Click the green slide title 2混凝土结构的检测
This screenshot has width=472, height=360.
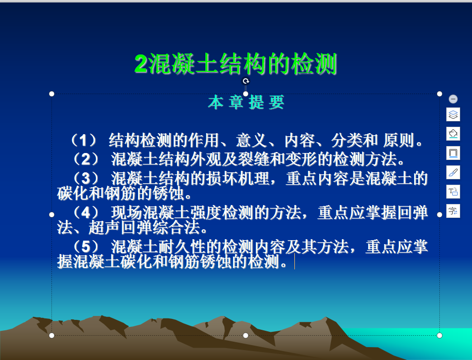[x=236, y=63]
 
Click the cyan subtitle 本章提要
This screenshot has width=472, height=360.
[x=246, y=102]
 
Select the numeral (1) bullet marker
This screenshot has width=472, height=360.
[x=84, y=140]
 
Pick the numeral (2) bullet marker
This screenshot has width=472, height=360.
[x=86, y=159]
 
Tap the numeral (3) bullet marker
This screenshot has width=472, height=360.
[x=86, y=178]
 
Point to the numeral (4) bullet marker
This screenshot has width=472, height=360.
[x=86, y=212]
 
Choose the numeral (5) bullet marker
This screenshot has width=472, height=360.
[x=86, y=247]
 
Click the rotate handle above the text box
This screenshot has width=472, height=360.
[x=246, y=81]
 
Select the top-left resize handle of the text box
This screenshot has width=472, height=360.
[x=52, y=94]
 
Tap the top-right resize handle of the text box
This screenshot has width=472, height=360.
[x=439, y=94]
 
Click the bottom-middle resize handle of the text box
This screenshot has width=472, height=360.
[x=245, y=335]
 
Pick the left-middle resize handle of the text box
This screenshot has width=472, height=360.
[x=52, y=214]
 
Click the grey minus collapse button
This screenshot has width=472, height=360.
[x=453, y=99]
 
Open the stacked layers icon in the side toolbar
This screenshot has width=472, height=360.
[x=453, y=114]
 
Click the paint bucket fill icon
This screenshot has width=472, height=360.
[x=453, y=134]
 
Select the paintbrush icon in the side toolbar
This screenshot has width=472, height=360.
[x=453, y=172]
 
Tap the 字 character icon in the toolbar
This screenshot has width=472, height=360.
[x=453, y=211]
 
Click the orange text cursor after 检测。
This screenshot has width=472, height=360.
[x=294, y=261]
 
